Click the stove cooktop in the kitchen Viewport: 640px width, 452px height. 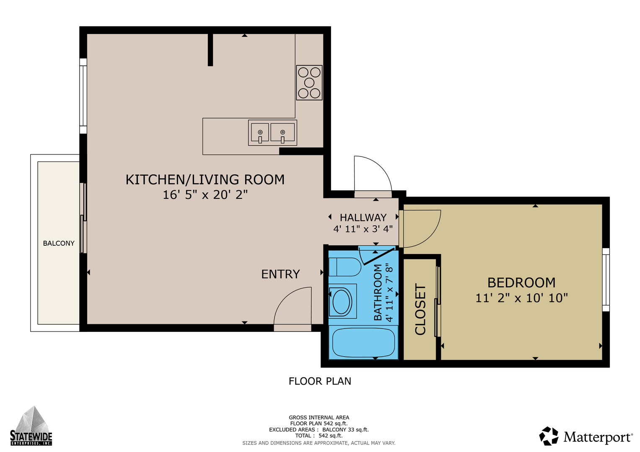coord(309,82)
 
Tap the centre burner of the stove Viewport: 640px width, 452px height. coord(309,83)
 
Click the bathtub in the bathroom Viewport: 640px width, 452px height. coord(363,342)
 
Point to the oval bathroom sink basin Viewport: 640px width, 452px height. coord(341,301)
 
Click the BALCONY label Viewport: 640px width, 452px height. coord(59,243)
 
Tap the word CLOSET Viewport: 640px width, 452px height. coord(420,309)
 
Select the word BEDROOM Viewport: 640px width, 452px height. coord(521,283)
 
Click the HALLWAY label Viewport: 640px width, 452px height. coord(363,218)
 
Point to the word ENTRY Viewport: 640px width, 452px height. coord(280,274)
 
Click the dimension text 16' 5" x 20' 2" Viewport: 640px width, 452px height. coord(205,195)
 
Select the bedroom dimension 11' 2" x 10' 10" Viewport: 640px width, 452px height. coord(521,298)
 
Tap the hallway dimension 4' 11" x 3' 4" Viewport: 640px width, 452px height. coord(363,229)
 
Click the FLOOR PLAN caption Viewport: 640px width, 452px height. coord(320,381)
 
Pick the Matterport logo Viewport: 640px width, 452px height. coord(586,436)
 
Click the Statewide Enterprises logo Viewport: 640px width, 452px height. coord(31,426)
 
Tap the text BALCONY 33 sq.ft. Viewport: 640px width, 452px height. coord(345,429)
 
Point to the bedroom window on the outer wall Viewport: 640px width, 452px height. coord(606,280)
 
